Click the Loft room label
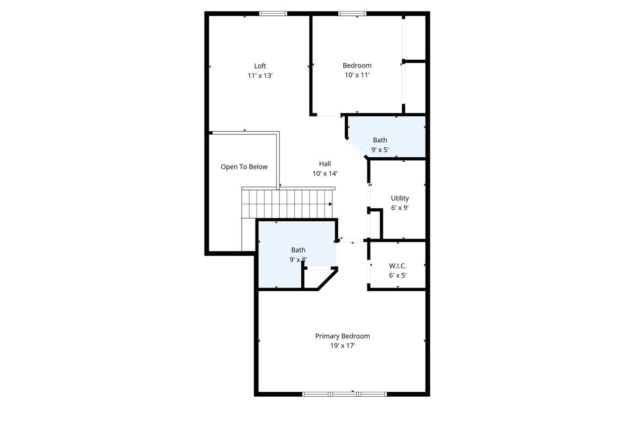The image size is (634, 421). pyautogui.click(x=260, y=66)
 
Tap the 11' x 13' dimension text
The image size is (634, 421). pyautogui.click(x=260, y=76)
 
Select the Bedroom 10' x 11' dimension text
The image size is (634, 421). pyautogui.click(x=357, y=75)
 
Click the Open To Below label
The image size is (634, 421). pyautogui.click(x=244, y=167)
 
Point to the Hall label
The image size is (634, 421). pyautogui.click(x=325, y=164)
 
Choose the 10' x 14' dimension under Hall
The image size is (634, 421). pyautogui.click(x=325, y=174)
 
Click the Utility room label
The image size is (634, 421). pyautogui.click(x=400, y=198)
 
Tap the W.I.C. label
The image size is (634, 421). pyautogui.click(x=398, y=266)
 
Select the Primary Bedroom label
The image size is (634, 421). pyautogui.click(x=342, y=336)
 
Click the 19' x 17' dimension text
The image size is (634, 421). pyautogui.click(x=342, y=346)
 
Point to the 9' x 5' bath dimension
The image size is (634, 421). pyautogui.click(x=380, y=149)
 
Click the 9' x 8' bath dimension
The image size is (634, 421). pyautogui.click(x=298, y=259)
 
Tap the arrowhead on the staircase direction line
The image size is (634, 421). pyautogui.click(x=330, y=204)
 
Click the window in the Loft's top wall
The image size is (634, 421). pyautogui.click(x=273, y=14)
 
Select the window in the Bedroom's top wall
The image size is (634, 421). pyautogui.click(x=352, y=14)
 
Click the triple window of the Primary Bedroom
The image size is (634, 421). pyautogui.click(x=344, y=394)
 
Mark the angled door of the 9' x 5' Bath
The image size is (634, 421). pyautogui.click(x=356, y=148)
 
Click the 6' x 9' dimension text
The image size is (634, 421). pyautogui.click(x=400, y=208)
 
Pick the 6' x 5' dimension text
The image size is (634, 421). pyautogui.click(x=398, y=275)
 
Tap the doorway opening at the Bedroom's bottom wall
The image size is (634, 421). pyautogui.click(x=328, y=116)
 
